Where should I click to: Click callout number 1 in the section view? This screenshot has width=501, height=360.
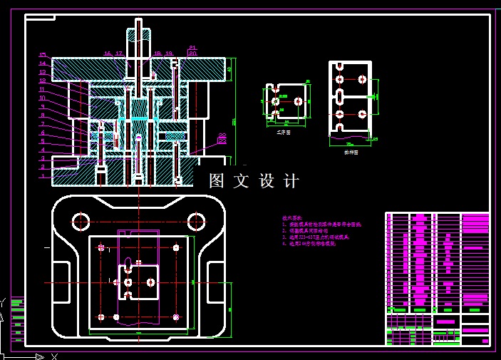tap(42, 175)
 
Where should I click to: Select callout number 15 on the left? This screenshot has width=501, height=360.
tap(42, 55)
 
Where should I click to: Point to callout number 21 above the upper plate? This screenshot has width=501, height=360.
tap(192, 48)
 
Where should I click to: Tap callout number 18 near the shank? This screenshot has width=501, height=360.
tap(157, 53)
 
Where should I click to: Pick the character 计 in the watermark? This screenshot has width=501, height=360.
tap(291, 181)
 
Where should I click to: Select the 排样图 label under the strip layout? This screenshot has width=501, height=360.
tap(351, 152)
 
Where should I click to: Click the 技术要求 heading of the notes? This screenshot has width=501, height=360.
tap(292, 217)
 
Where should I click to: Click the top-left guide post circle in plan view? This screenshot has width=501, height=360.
tap(81, 220)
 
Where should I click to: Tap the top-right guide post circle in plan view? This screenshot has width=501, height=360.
tap(196, 220)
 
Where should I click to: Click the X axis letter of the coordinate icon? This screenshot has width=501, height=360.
tap(54, 356)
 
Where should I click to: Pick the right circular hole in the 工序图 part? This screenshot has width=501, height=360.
tap(300, 101)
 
